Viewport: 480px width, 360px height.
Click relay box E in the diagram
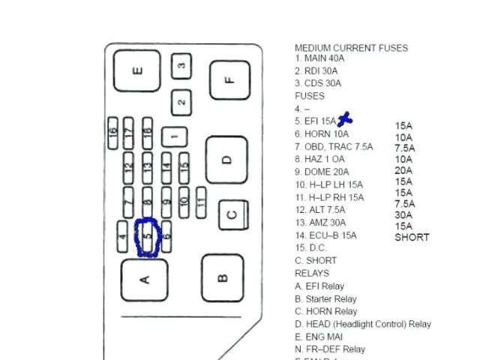coord(136,73)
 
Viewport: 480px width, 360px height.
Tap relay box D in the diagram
coord(227,160)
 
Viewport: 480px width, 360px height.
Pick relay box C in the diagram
coord(233,215)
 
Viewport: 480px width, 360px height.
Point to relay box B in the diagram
coord(223,278)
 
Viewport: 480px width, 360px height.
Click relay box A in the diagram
coord(145,279)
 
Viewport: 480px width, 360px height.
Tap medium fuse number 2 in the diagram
coord(181,100)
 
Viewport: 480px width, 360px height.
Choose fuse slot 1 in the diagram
coord(174,136)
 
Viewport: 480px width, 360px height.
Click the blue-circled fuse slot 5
coord(148,238)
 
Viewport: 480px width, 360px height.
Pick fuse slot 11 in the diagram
coord(201,200)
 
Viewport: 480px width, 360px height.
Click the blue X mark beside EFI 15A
coord(345,118)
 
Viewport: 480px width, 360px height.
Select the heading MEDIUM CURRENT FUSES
coord(351,48)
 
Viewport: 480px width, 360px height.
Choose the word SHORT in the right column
coord(412,238)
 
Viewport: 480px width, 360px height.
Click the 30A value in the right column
coord(404,214)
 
